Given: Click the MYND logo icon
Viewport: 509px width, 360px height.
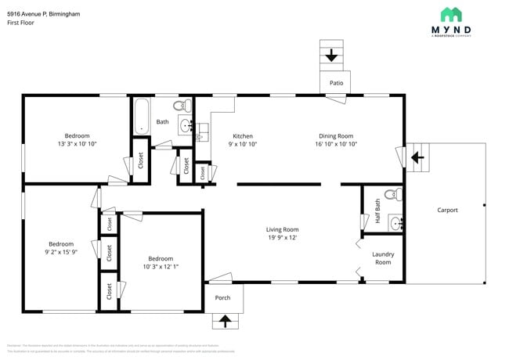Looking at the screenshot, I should pyautogui.click(x=450, y=14).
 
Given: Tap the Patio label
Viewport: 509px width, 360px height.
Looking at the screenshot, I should pyautogui.click(x=336, y=83).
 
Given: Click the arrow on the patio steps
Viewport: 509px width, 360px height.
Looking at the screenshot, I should pyautogui.click(x=331, y=56).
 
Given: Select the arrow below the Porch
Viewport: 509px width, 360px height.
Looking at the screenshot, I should pyautogui.click(x=226, y=321).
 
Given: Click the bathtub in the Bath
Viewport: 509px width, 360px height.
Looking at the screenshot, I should pyautogui.click(x=141, y=116).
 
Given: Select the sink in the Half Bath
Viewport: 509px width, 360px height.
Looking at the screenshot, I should pyautogui.click(x=395, y=223).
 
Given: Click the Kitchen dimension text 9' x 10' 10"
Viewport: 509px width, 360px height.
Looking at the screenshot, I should pyautogui.click(x=242, y=145).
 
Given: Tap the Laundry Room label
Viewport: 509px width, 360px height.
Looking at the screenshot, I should pyautogui.click(x=383, y=258).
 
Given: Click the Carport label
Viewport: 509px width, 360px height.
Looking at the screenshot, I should pyautogui.click(x=447, y=210).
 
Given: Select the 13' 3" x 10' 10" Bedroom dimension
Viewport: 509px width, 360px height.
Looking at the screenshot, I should pyautogui.click(x=77, y=145).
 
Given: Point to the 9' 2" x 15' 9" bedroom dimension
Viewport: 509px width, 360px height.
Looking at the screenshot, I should pyautogui.click(x=61, y=253).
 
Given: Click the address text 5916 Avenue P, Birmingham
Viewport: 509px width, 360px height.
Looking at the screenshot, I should pyautogui.click(x=43, y=13).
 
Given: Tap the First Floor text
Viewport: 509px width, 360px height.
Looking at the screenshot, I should pyautogui.click(x=22, y=23).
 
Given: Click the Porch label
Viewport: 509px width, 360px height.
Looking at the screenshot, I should pyautogui.click(x=223, y=297).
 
